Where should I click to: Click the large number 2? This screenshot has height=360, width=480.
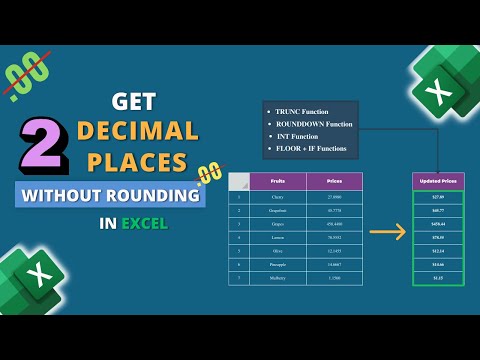coord(41,144)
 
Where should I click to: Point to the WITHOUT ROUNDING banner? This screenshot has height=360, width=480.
coord(110,194)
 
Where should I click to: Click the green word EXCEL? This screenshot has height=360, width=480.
coord(145,223)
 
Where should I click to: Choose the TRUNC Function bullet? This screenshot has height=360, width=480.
coord(303,111)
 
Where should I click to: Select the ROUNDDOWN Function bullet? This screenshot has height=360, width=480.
coord(313,124)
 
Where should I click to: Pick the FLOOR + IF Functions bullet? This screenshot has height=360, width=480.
coord(311,150)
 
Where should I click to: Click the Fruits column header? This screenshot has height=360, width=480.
coord(277,181)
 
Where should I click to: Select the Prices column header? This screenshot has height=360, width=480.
coord(333,181)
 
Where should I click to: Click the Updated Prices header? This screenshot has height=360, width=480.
coord(438,181)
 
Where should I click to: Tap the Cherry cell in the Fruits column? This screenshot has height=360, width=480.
coord(277,197)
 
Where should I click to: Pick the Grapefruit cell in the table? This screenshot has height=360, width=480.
coord(277,211)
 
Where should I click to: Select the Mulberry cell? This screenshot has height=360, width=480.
coord(277,277)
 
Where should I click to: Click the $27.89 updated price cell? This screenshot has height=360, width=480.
coord(438,197)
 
